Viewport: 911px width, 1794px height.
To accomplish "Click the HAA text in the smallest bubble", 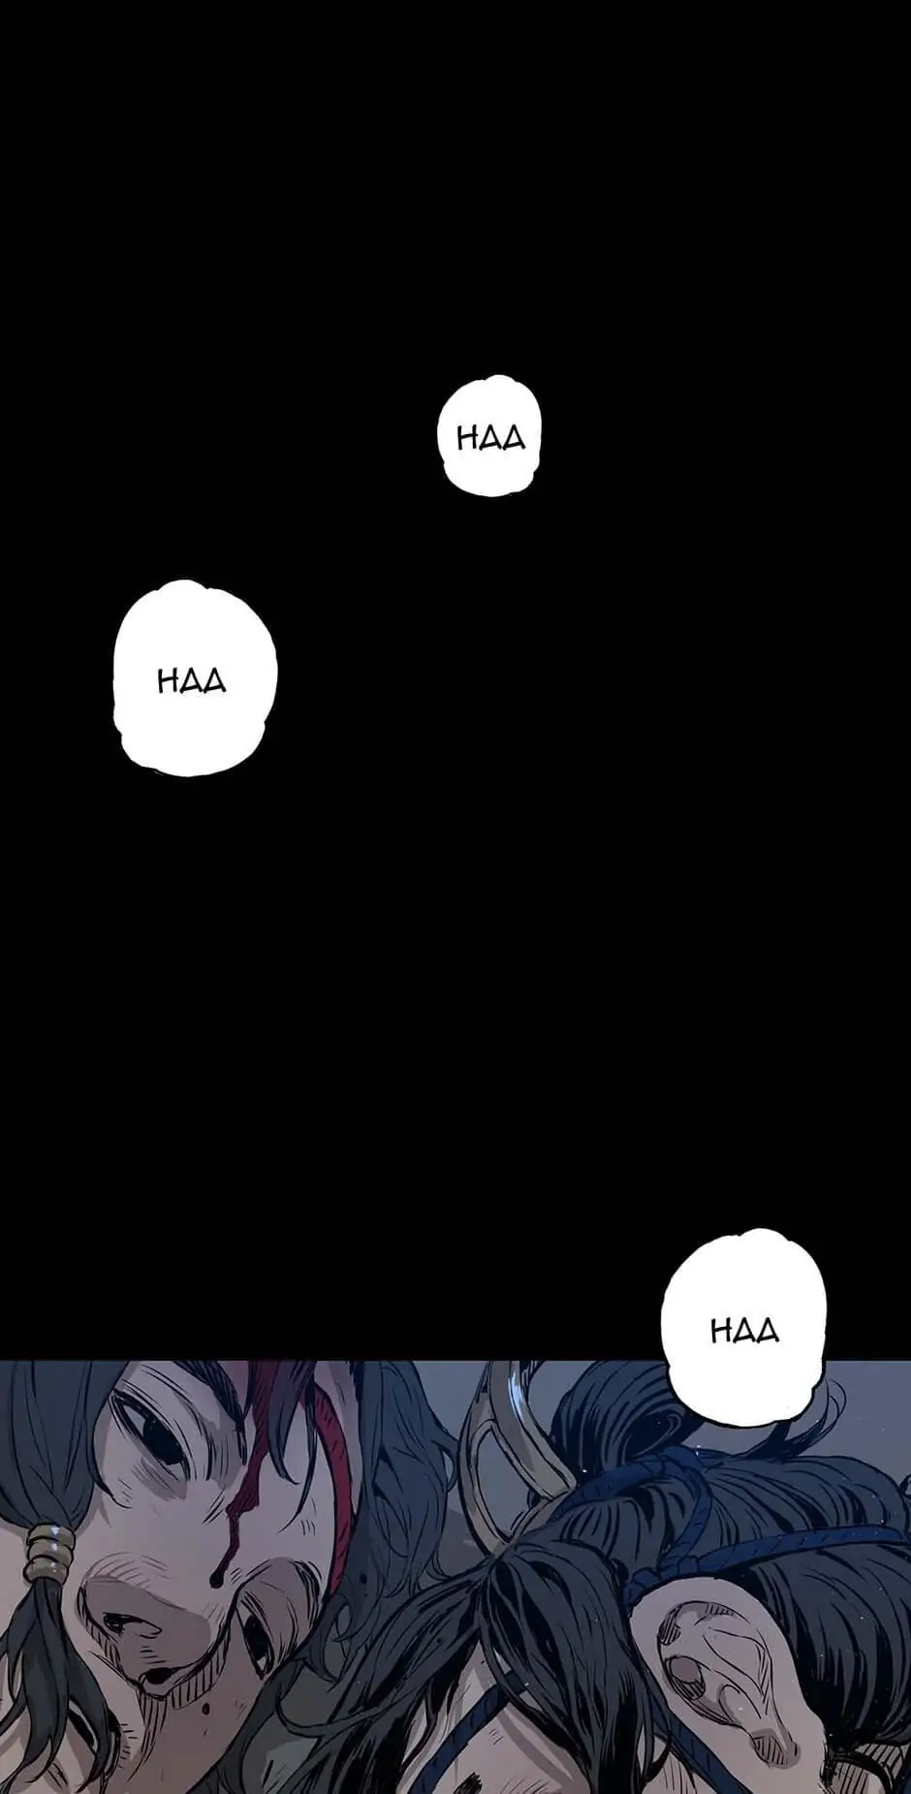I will [x=490, y=439].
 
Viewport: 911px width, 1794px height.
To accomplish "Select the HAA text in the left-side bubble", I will [x=192, y=680].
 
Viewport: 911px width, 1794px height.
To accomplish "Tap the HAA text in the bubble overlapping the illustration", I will [x=744, y=1330].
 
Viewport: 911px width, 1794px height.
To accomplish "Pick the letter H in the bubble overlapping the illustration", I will [x=722, y=1330].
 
